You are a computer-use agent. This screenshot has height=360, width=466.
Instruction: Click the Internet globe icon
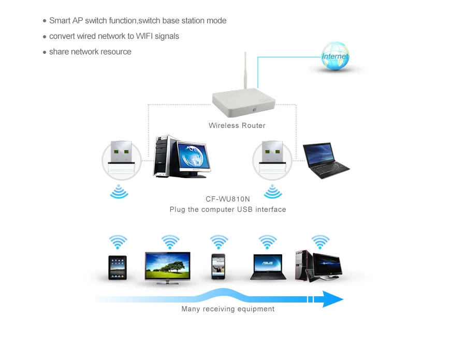[x=335, y=57]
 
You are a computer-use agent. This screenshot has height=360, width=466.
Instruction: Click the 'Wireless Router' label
[x=237, y=125]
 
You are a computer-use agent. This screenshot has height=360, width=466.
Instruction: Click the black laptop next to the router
[x=326, y=161]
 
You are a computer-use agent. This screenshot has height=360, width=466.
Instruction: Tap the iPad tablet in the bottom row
[x=118, y=268]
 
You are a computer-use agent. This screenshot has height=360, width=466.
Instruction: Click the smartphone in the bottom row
[x=219, y=267]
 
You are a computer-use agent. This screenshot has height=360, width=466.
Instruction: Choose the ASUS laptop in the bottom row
[x=268, y=267]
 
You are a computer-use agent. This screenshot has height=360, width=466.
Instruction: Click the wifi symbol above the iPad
[x=118, y=242]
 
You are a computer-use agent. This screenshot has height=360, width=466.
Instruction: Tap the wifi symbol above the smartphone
[x=219, y=242]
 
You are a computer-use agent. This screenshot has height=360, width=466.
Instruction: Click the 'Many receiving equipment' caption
[x=228, y=309]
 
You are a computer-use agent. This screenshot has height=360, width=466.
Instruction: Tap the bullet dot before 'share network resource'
[x=45, y=52]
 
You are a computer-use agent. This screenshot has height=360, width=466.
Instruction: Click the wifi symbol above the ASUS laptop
[x=268, y=242]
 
